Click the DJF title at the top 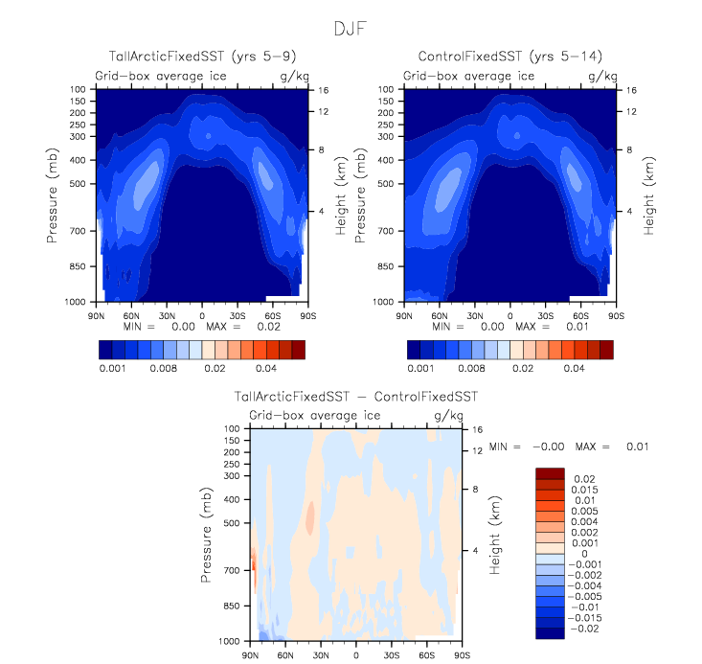point(351,28)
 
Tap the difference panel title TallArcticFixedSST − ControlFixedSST point(356,396)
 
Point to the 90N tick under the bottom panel point(251,655)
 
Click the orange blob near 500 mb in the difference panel point(310,518)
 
